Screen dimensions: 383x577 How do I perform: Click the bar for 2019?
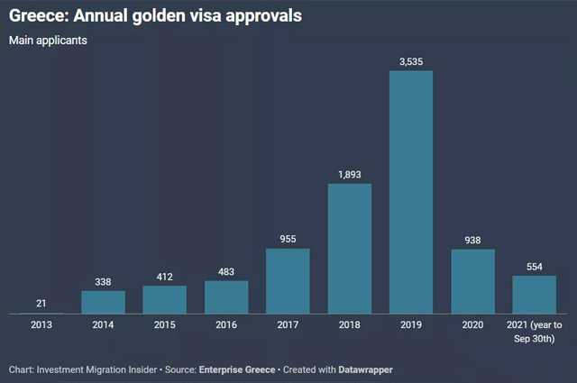click(411, 192)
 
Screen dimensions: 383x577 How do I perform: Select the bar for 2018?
click(350, 249)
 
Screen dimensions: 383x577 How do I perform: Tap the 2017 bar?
click(288, 281)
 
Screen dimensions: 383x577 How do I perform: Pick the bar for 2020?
click(472, 281)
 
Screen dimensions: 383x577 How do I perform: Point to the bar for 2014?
click(104, 302)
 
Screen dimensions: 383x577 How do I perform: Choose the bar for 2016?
click(226, 297)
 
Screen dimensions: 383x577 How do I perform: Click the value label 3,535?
click(411, 61)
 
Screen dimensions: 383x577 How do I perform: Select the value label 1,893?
click(350, 175)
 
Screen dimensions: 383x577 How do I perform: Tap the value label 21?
click(41, 303)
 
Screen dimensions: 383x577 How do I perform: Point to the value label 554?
click(535, 267)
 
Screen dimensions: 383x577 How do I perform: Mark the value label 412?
click(165, 277)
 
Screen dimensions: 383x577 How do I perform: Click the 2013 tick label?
click(41, 324)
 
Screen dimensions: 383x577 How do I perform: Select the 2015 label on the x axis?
click(165, 324)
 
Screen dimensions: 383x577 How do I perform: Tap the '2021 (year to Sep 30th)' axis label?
click(535, 331)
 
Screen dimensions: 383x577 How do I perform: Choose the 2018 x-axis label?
click(350, 324)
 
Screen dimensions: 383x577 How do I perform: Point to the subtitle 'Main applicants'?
click(49, 41)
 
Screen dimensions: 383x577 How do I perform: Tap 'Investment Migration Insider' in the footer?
click(97, 369)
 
